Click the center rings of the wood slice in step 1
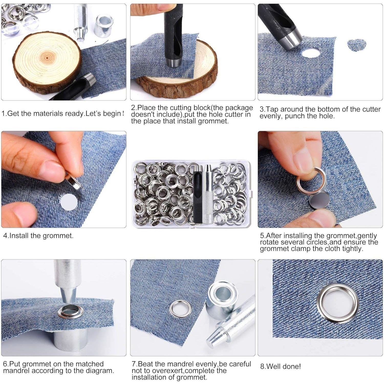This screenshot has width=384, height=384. (47, 58)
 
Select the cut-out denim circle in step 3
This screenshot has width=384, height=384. (357, 45)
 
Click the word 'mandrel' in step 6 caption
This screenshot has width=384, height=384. (16, 370)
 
